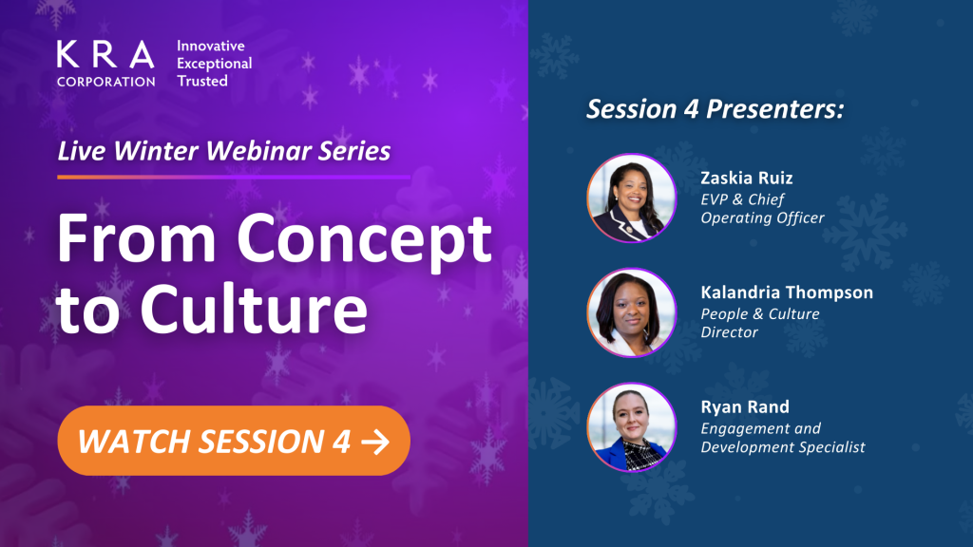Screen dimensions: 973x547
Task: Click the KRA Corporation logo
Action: [105, 64]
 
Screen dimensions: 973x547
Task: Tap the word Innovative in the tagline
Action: [210, 46]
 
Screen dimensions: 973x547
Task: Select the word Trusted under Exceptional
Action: [202, 81]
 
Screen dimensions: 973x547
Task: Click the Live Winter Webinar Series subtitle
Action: [224, 151]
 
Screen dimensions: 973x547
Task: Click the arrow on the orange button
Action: [375, 442]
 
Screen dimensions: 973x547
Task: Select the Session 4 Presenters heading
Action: [715, 109]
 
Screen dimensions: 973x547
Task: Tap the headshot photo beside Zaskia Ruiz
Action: [632, 198]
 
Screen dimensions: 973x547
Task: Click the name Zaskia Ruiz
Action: [747, 178]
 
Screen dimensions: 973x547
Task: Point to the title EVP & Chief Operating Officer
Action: [763, 208]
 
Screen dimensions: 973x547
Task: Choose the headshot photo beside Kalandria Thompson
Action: [632, 312]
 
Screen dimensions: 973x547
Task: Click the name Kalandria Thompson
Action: [787, 292]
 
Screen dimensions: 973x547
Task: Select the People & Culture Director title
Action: [760, 323]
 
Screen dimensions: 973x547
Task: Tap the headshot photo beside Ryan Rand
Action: [632, 427]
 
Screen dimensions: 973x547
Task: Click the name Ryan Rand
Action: [745, 406]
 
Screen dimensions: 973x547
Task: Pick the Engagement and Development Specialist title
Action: [783, 438]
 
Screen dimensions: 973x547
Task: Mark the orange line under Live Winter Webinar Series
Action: [234, 177]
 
